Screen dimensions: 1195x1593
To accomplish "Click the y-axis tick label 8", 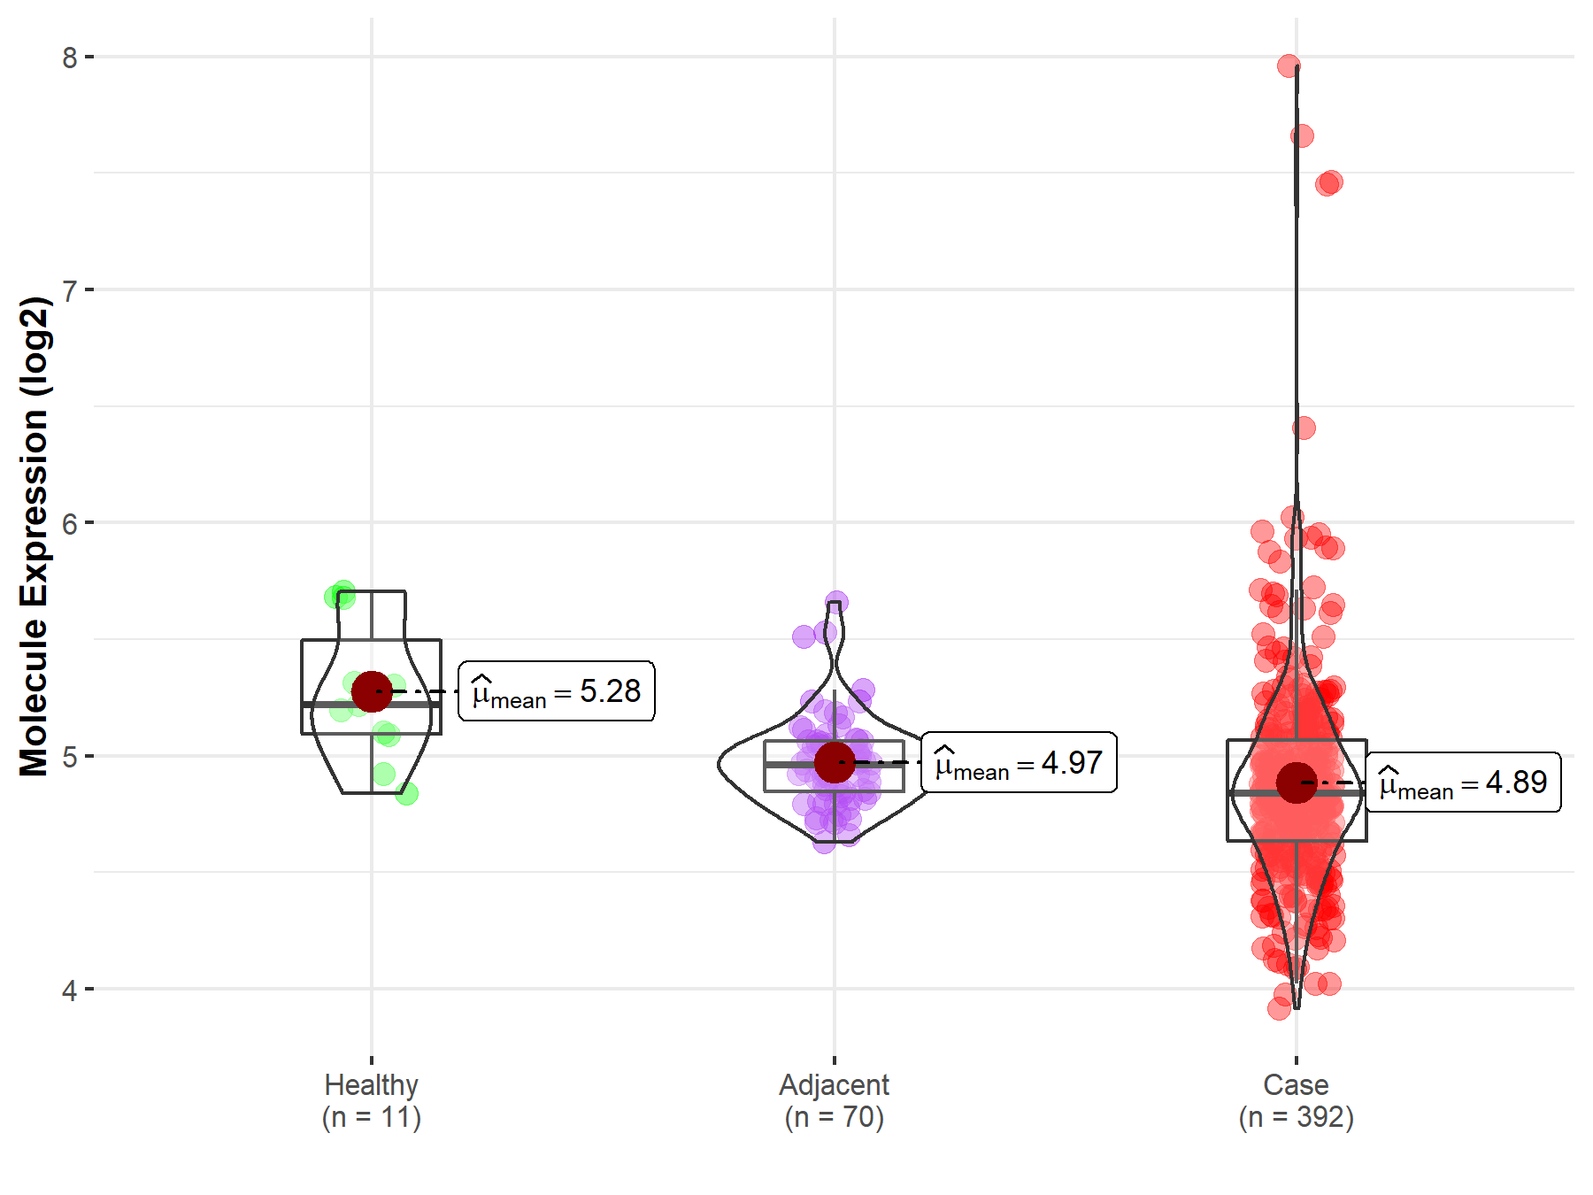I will [69, 58].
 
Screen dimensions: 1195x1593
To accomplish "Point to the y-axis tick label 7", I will [69, 290].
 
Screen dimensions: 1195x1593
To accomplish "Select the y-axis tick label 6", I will [69, 523].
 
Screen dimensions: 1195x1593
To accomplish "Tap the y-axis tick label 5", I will [69, 757].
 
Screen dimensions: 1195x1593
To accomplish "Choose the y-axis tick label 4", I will [69, 990].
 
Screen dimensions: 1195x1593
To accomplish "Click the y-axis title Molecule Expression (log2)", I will [34, 536].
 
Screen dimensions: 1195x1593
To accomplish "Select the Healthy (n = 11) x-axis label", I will [372, 1101].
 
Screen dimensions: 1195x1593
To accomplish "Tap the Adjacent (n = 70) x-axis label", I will [834, 1101].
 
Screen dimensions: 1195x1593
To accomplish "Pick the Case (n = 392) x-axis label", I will [1297, 1101].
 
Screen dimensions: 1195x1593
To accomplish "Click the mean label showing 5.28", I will [557, 691].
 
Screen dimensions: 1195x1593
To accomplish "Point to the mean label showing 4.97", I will [1019, 763].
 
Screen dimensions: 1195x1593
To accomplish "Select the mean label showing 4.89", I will [1463, 783].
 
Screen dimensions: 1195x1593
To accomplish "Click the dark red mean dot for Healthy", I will [372, 691].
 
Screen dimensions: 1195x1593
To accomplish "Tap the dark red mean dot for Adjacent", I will [834, 762].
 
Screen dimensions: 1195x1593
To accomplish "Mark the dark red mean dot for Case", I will [1297, 783].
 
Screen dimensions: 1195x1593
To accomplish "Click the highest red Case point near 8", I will [1289, 66].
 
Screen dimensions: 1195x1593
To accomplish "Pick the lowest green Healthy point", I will [406, 794].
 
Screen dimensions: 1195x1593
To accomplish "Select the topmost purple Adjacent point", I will [836, 603].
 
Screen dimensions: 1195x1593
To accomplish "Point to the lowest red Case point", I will [1279, 1008].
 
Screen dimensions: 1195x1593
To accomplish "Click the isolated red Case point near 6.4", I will [1304, 428].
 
